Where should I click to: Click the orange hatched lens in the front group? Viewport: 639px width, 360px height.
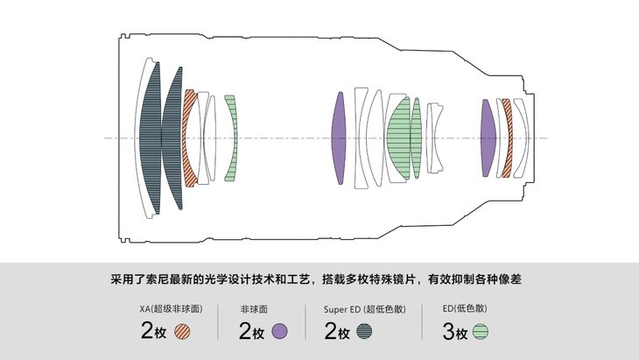pyautogui.click(x=189, y=138)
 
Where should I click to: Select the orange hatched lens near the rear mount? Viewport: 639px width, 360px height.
pyautogui.click(x=506, y=138)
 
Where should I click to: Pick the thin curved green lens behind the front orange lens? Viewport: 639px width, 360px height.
pyautogui.click(x=231, y=138)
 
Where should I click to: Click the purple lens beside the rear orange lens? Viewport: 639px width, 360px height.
pyautogui.click(x=488, y=138)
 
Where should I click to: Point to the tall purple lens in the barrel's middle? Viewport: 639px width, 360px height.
pyautogui.click(x=340, y=138)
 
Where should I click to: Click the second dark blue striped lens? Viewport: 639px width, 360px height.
pyautogui.click(x=173, y=138)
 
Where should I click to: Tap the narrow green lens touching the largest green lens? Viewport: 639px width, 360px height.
pyautogui.click(x=417, y=138)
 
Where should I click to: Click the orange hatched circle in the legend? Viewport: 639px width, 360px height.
pyautogui.click(x=183, y=332)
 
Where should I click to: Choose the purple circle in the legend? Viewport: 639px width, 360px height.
pyautogui.click(x=280, y=332)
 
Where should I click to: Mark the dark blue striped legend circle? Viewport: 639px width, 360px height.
pyautogui.click(x=364, y=332)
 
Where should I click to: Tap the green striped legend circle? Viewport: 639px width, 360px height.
pyautogui.click(x=481, y=332)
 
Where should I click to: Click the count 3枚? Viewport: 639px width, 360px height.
pyautogui.click(x=455, y=332)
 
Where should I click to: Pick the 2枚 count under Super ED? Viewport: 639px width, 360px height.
pyautogui.click(x=337, y=332)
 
